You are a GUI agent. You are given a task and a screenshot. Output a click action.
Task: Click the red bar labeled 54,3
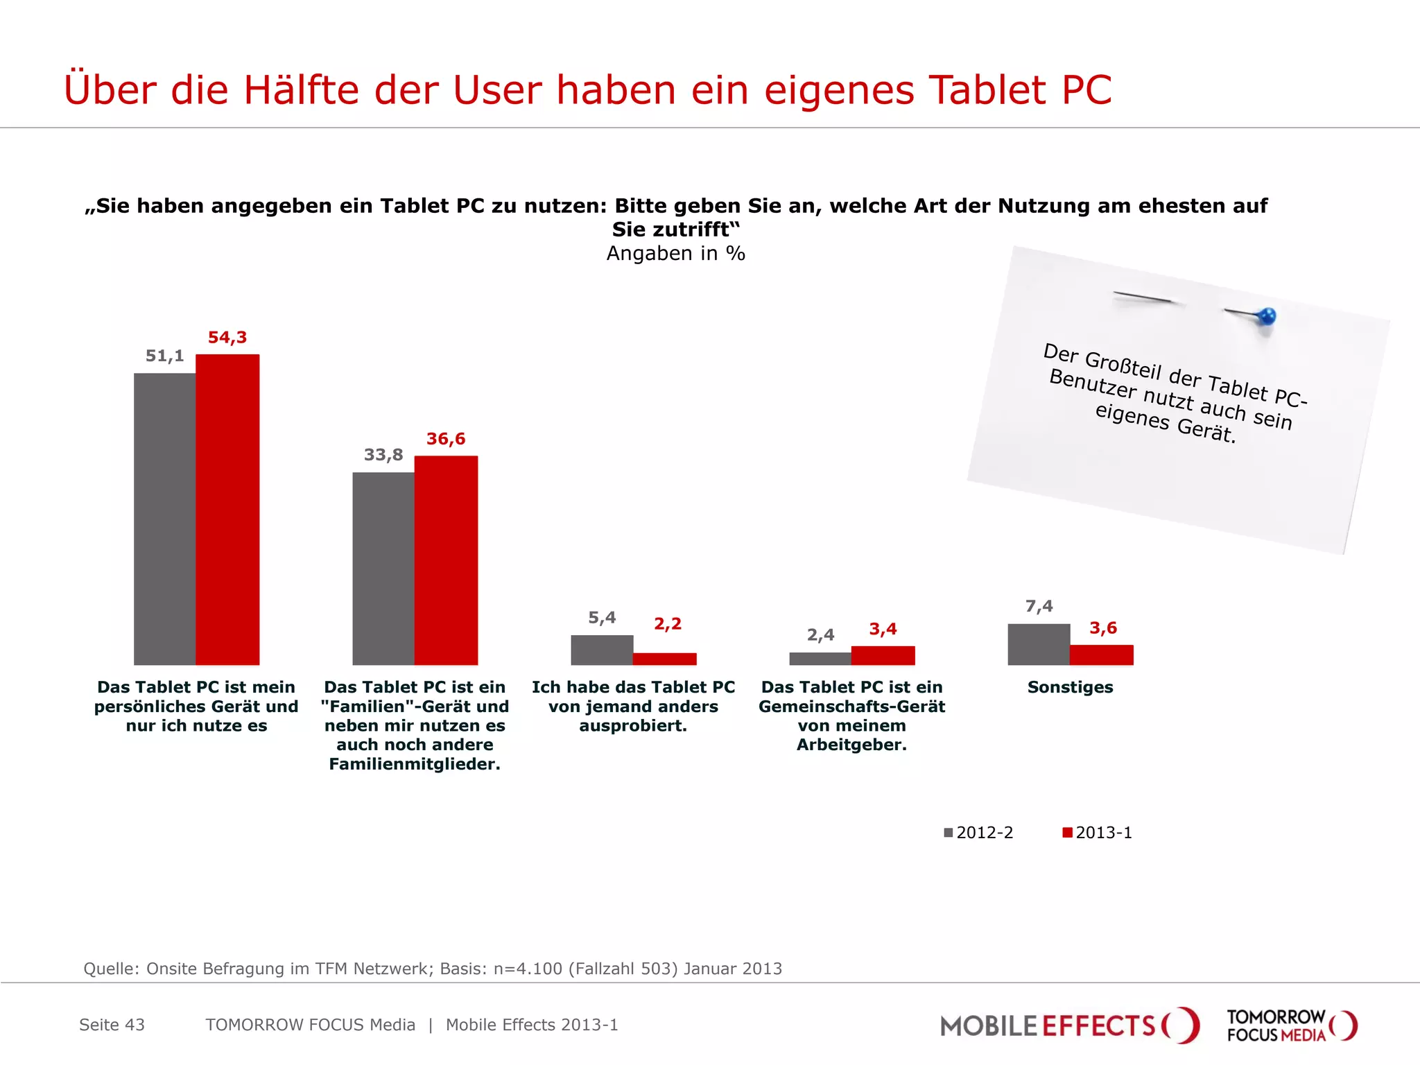[227, 510]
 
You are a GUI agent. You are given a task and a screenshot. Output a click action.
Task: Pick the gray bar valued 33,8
[383, 569]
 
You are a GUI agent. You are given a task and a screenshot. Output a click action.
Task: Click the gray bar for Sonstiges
[1039, 644]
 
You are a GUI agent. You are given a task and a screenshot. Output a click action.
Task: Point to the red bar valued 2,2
[664, 659]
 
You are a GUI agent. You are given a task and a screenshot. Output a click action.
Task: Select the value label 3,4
[883, 629]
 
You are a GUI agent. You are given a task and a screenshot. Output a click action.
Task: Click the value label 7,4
[1039, 606]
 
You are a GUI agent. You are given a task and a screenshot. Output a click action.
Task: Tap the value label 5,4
[602, 617]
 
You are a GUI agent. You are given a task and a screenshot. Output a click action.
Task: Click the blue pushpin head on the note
[1267, 317]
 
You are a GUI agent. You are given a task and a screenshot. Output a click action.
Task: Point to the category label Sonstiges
[1070, 687]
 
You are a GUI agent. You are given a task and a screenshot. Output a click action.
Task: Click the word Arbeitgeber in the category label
[851, 745]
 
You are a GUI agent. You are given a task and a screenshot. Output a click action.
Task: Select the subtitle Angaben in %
[675, 253]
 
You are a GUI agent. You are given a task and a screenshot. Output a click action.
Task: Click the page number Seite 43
[112, 1025]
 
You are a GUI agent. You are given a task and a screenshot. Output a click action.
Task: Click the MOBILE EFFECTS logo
[1068, 1025]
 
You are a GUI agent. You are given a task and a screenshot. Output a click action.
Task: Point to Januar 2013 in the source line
[732, 969]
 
